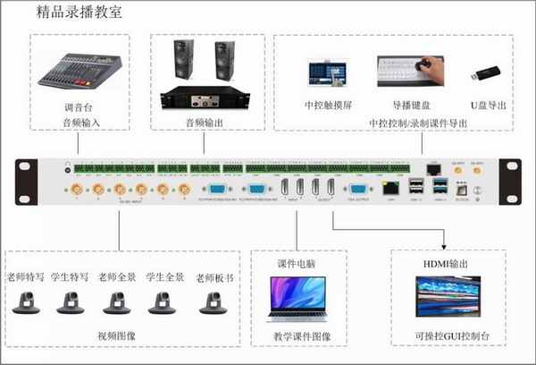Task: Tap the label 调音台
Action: point(77,107)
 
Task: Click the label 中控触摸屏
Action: point(326,106)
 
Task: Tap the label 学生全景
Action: point(164,277)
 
